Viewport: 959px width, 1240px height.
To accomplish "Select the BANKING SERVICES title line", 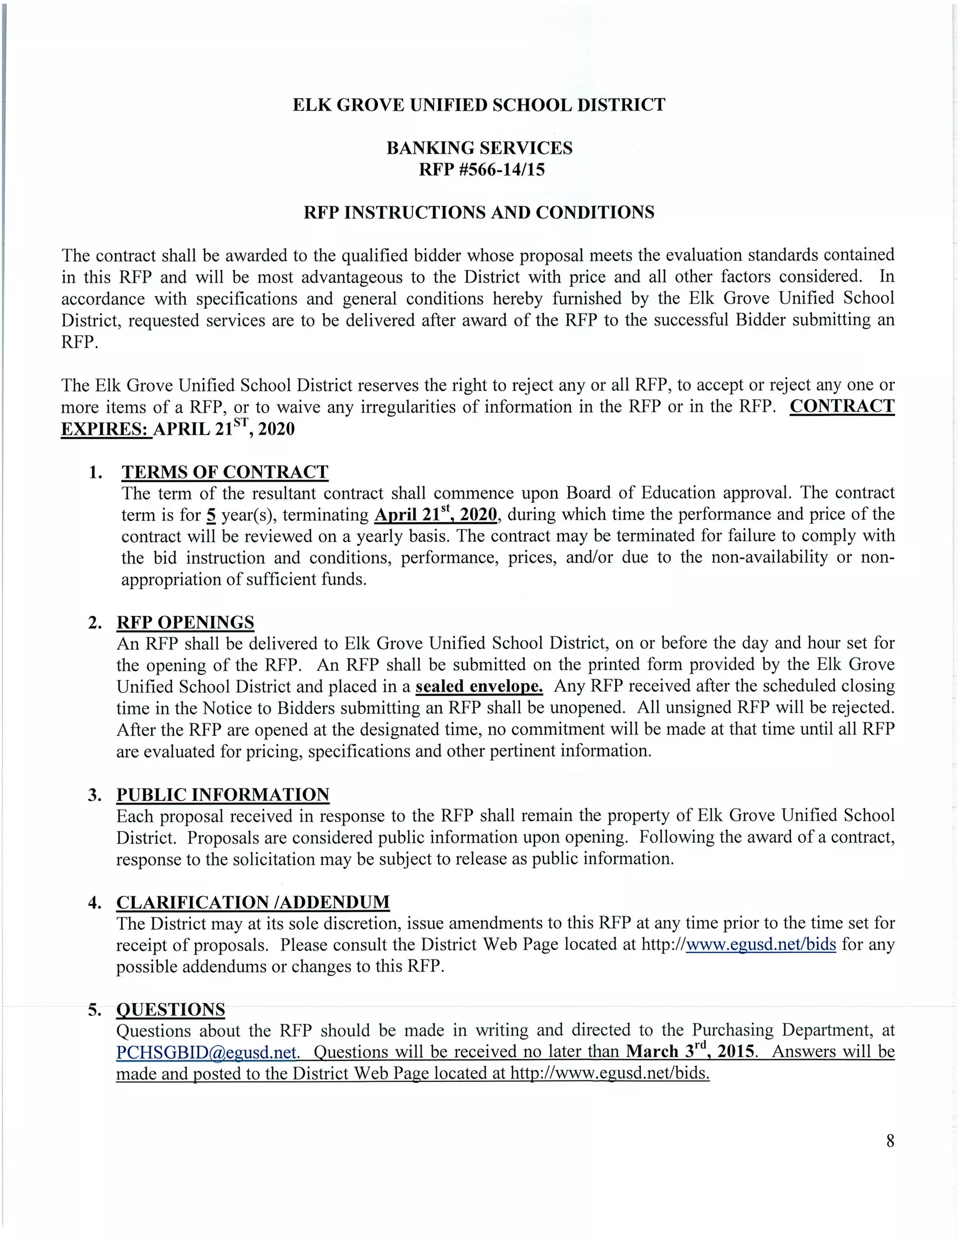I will tap(479, 148).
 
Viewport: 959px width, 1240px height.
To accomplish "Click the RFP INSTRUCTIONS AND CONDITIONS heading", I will tap(479, 212).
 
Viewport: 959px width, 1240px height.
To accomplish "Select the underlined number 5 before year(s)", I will tap(211, 516).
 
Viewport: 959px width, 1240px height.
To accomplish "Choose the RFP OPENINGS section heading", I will tap(185, 622).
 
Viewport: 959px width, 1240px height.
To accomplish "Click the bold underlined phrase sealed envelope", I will tap(479, 686).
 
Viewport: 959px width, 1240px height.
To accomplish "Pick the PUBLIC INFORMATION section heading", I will tap(223, 795).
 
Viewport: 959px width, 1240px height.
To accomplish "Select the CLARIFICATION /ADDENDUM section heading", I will tap(253, 902).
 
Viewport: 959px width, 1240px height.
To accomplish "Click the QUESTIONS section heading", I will tap(170, 1009).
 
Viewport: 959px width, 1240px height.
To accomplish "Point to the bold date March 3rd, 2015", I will tap(690, 1051).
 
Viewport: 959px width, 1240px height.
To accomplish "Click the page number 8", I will tap(890, 1141).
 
